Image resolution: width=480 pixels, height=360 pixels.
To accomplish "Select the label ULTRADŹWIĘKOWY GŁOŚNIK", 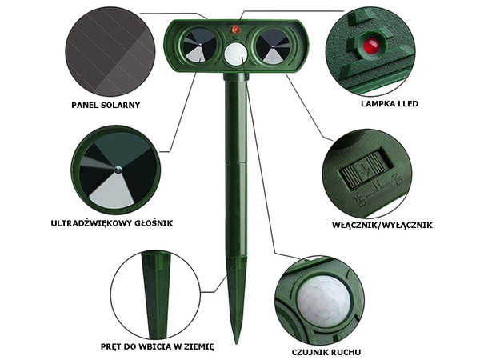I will [x=112, y=223].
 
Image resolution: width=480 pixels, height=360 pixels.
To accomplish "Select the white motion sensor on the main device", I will [x=235, y=54].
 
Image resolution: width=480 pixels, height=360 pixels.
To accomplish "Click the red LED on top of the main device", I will [x=236, y=30].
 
